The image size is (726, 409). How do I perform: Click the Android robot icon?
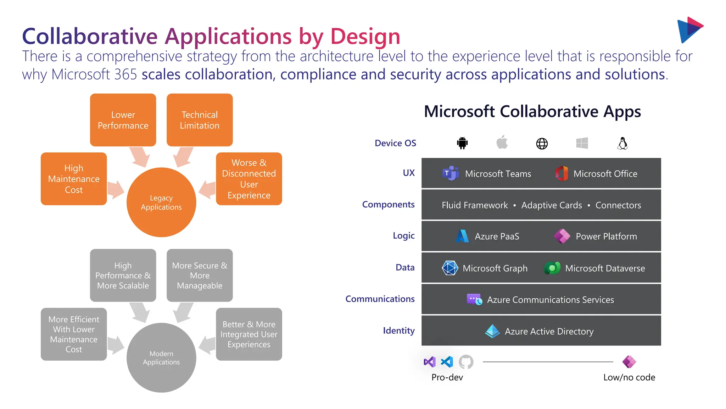462,143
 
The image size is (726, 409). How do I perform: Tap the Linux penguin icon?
622,143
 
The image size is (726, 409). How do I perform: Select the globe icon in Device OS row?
542,143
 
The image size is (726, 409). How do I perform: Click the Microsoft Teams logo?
451,174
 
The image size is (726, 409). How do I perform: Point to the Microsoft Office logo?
562,174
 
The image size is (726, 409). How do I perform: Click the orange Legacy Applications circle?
161,202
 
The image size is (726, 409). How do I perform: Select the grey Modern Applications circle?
161,358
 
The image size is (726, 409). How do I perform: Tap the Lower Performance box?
123,120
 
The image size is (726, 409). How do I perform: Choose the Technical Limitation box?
200,120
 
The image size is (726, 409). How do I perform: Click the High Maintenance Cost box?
74,179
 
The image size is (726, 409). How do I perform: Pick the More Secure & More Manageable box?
200,276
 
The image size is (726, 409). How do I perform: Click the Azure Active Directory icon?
492,331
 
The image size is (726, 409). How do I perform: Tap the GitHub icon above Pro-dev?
466,362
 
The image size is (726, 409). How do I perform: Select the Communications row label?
380,299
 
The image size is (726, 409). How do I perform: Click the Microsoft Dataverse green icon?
552,268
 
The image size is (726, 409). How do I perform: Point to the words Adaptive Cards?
552,205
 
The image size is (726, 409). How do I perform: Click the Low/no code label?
629,377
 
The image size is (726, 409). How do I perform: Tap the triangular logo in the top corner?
689,30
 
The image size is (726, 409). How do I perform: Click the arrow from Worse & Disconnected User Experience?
207,190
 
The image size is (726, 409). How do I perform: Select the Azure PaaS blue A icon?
462,236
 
